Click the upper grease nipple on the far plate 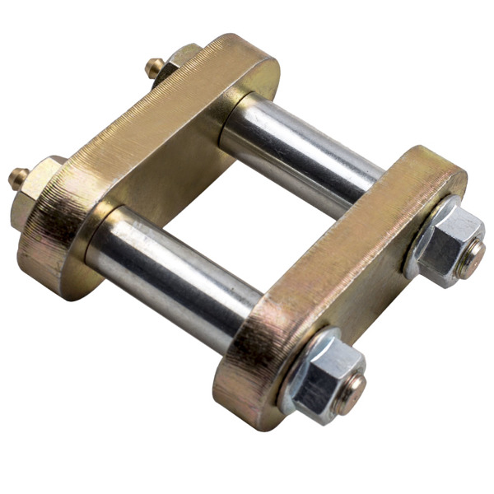[151, 67]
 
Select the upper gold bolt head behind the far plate [177, 61]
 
